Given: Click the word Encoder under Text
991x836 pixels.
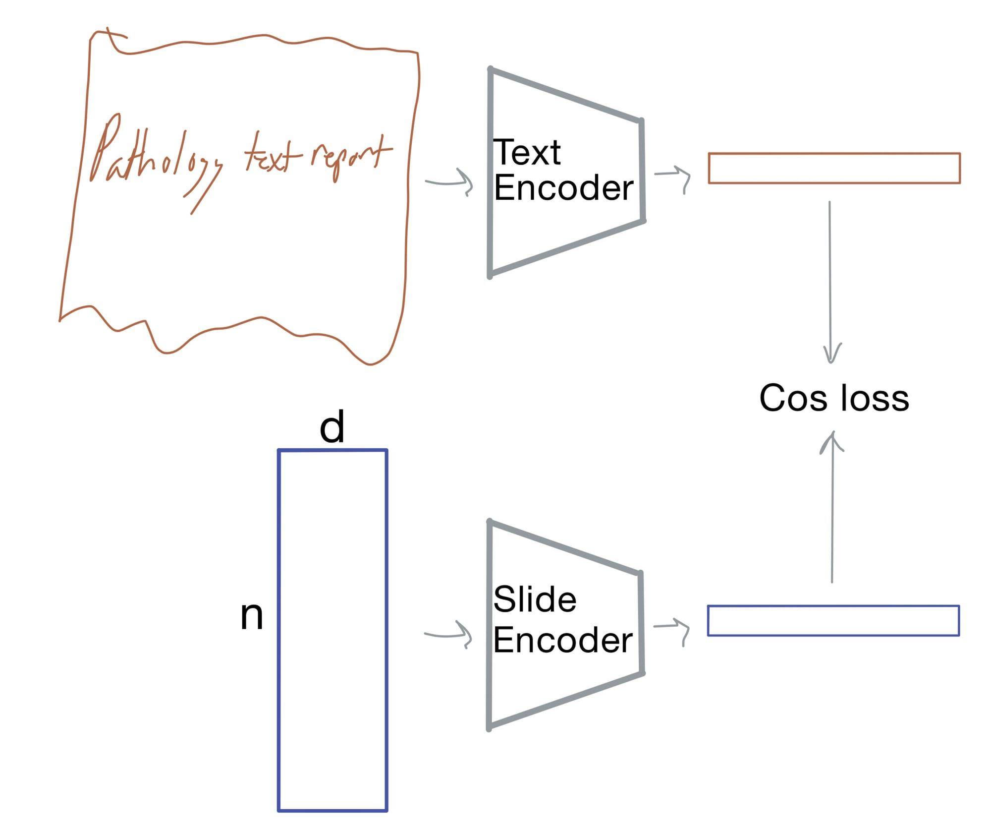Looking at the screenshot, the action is coord(564,188).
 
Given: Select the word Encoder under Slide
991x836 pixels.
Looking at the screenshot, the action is coord(563,640).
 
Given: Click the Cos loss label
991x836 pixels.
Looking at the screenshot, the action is coord(834,398).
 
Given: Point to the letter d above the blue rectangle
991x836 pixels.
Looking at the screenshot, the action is coord(332,426).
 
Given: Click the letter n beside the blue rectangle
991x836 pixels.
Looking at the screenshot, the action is coord(252,616).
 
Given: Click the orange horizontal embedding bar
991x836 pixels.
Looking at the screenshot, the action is coord(834,168).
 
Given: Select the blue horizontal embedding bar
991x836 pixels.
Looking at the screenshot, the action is coord(833,620).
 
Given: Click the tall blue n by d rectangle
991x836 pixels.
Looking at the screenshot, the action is coord(332,630).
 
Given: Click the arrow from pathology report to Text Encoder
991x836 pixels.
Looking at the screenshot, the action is coord(449,182).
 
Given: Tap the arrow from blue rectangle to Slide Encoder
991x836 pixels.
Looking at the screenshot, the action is coord(448,634).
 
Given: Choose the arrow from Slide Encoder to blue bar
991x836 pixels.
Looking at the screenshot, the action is coord(671,630).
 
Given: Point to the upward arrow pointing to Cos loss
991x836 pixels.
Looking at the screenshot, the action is coord(832,507).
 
